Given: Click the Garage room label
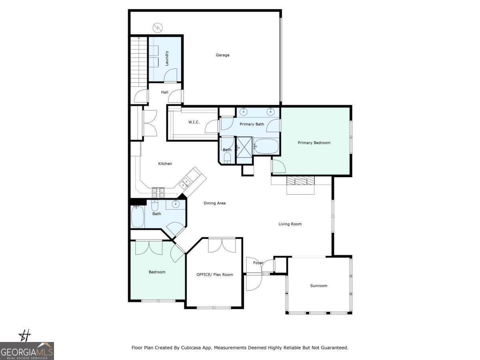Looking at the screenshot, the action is (222, 55).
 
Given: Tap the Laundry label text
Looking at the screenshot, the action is (167, 58).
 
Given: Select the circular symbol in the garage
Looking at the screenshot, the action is (158, 28).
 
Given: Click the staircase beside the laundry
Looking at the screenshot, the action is (139, 62).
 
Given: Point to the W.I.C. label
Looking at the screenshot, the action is (194, 122).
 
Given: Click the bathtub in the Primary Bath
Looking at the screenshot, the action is (266, 146).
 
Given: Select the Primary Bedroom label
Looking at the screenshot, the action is (314, 143).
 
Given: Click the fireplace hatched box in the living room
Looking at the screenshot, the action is (300, 180).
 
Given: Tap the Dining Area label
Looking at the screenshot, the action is (214, 203).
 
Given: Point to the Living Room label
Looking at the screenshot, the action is (290, 224).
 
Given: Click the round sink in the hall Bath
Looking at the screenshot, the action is (175, 204).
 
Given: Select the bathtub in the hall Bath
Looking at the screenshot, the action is (138, 217).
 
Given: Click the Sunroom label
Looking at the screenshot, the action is (319, 286).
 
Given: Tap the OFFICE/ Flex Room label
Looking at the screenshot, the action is (215, 274).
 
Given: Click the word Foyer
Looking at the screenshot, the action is (258, 263).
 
